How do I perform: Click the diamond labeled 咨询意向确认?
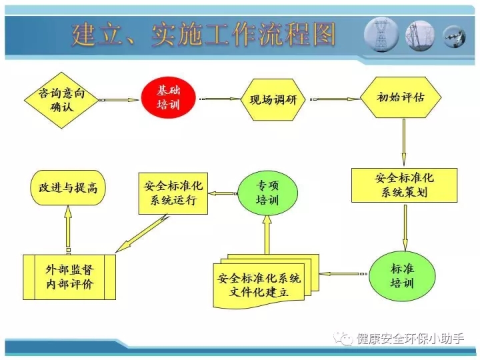click(61, 100)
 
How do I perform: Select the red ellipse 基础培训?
click(168, 97)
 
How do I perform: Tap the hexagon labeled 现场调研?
click(273, 99)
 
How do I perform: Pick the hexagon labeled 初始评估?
click(401, 97)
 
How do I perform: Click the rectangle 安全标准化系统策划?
click(404, 185)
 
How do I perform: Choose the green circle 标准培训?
click(402, 276)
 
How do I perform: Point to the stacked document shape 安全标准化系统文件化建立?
click(266, 281)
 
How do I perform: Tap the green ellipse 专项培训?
click(267, 193)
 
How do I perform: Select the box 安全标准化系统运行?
click(173, 193)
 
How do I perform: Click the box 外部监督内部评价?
click(69, 277)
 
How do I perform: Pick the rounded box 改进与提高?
click(68, 187)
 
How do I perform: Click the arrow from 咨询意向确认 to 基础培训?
click(119, 100)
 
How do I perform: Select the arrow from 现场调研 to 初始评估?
click(335, 99)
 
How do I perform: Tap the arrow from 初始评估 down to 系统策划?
click(404, 143)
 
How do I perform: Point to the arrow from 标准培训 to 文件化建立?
click(343, 274)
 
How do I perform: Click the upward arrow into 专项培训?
click(267, 235)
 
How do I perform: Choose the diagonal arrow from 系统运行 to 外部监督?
click(142, 233)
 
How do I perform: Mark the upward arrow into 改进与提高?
click(68, 229)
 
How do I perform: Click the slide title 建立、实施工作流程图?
click(203, 35)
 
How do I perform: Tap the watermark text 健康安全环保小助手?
click(410, 339)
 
